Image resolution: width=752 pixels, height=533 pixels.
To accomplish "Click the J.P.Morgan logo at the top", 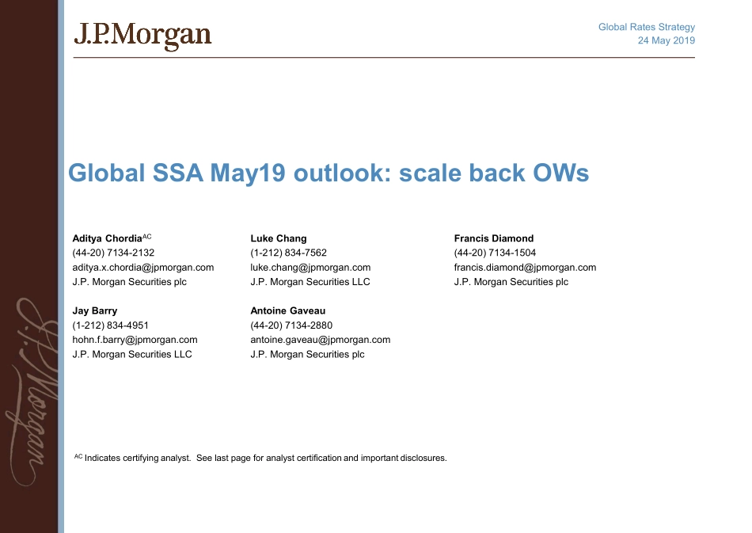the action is coord(142,36).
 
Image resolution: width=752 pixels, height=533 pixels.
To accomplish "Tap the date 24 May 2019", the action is coord(667,40).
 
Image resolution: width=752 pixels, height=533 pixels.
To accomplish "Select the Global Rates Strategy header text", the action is coord(647,27).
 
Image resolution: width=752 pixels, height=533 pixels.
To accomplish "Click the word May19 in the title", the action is coord(248,173).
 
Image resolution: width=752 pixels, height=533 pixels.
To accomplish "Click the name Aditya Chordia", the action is coord(108,238).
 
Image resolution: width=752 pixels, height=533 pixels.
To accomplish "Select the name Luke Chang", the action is coord(278,238).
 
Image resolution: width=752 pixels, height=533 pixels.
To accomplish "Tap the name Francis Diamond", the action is coord(493,238).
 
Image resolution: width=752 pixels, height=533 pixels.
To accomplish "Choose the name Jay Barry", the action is coord(95,311).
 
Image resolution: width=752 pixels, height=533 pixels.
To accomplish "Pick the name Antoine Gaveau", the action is coord(288,311).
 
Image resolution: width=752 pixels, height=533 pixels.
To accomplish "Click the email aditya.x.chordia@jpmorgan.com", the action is coord(143,268).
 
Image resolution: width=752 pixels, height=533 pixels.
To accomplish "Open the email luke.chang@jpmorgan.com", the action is coord(310,268).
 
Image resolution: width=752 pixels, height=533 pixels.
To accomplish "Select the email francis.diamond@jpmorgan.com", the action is coord(525,268).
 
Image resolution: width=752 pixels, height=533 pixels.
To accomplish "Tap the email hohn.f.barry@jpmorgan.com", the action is coord(135,340).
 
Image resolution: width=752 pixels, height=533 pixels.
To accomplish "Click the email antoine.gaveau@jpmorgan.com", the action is coord(321,340).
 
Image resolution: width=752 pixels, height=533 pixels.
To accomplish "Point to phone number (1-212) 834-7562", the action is coord(288,253).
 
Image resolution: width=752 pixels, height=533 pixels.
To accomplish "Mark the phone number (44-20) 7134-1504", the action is coord(495,253).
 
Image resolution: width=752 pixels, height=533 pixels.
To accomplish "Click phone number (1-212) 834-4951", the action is coord(110,326).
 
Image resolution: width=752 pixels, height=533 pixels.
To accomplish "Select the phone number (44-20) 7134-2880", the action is coord(291,326).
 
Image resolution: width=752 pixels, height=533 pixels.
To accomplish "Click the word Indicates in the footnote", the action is coord(103,459).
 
